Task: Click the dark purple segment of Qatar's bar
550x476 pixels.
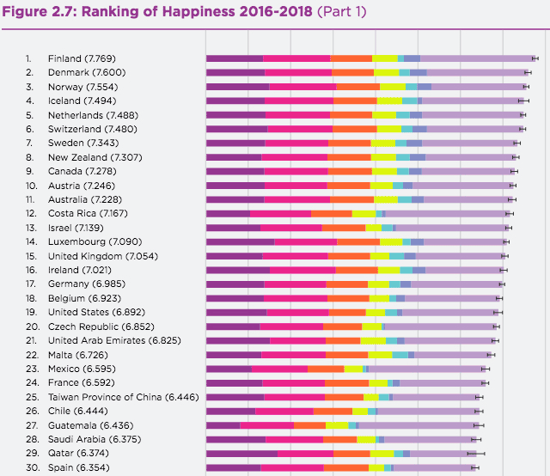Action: (x=241, y=453)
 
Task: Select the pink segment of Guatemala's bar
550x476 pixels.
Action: (x=266, y=425)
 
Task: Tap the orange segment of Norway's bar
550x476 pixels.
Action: (x=357, y=87)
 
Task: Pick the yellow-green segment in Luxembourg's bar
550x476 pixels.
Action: (x=391, y=241)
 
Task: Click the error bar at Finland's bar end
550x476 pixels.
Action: (x=535, y=58)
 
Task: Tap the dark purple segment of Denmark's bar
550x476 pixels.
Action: (x=235, y=72)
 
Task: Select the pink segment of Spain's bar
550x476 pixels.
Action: (x=291, y=467)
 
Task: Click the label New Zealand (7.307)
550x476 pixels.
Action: (x=90, y=157)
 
